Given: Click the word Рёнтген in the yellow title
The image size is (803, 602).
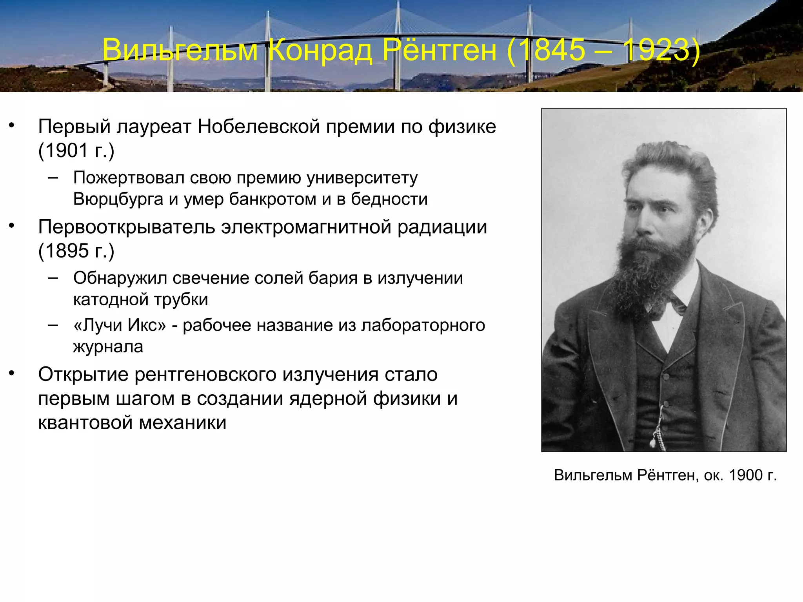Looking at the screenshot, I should pyautogui.click(x=439, y=50).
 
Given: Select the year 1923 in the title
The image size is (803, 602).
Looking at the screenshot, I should pyautogui.click(x=656, y=50).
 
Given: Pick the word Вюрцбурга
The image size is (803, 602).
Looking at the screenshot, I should pyautogui.click(x=118, y=199).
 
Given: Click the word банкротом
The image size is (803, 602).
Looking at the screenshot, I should pyautogui.click(x=272, y=199).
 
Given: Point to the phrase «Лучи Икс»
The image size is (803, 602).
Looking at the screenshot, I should pyautogui.click(x=120, y=325).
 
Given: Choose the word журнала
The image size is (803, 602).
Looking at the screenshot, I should pyautogui.click(x=108, y=347).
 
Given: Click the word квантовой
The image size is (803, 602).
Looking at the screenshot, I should pyautogui.click(x=85, y=422).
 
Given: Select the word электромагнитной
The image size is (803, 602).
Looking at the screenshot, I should pyautogui.click(x=306, y=227).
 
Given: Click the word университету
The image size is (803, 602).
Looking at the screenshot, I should pyautogui.click(x=362, y=178).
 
